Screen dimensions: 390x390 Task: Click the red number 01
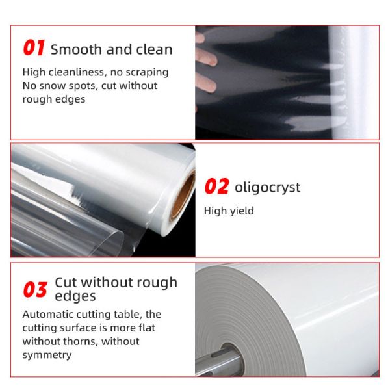click(34, 49)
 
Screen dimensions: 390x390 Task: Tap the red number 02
click(216, 187)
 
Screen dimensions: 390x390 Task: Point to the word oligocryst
click(268, 188)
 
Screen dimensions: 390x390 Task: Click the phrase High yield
click(229, 211)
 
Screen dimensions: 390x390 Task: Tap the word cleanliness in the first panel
click(75, 72)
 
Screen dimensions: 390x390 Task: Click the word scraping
click(149, 72)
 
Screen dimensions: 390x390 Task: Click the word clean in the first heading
click(154, 49)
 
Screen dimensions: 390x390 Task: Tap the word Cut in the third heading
click(66, 283)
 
